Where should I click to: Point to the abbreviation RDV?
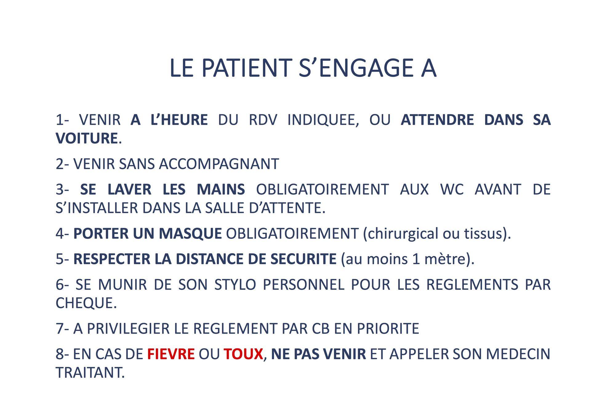(263, 120)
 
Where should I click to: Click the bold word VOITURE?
(86, 138)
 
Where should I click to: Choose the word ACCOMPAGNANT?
(219, 164)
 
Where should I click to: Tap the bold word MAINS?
(221, 189)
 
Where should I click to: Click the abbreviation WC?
(452, 189)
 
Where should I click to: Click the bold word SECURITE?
(303, 259)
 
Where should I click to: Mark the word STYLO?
(235, 284)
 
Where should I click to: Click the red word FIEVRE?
(171, 354)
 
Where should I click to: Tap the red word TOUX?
(243, 354)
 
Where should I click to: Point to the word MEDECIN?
(518, 354)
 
